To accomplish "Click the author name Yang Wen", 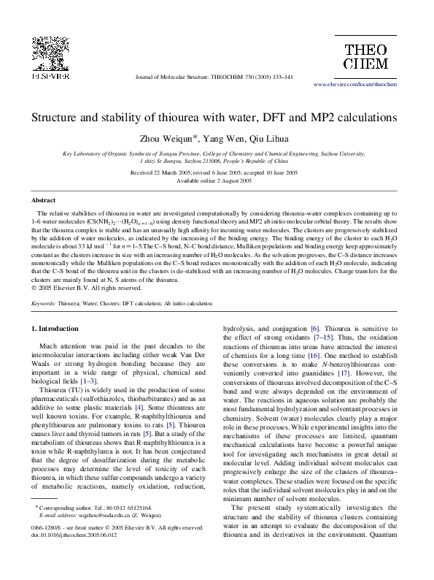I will click(225, 139).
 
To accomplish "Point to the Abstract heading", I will click(43, 199).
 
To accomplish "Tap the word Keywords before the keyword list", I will click(43, 302).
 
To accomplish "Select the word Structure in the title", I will click(55, 116).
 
